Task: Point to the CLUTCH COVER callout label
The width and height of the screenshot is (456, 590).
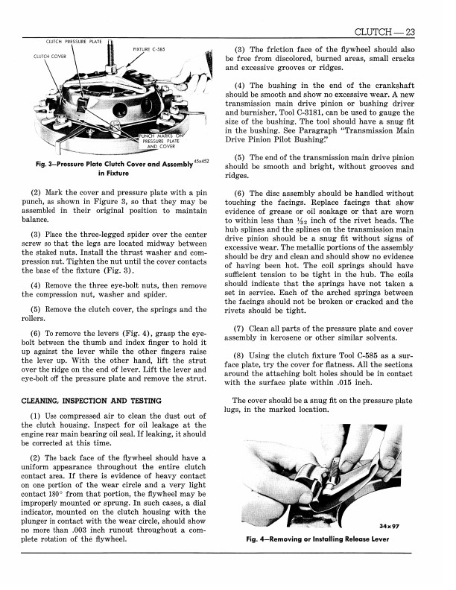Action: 47,56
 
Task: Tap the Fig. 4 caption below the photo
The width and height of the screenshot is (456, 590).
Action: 320,540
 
